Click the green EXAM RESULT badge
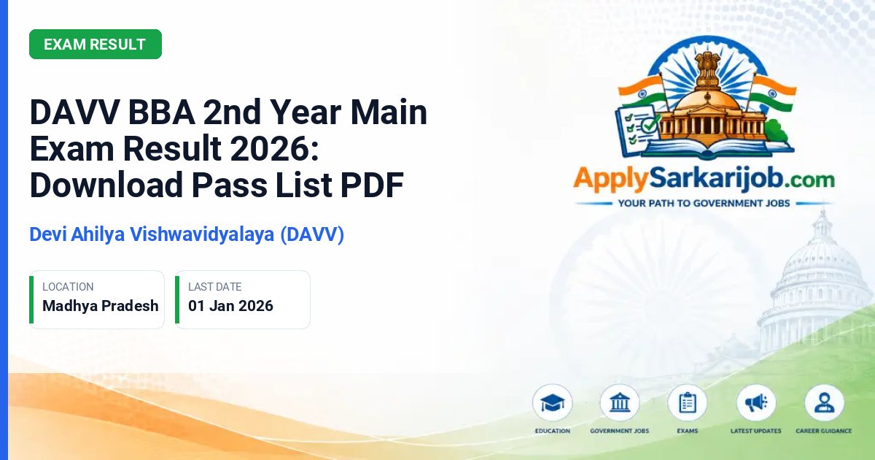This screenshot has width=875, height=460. pyautogui.click(x=96, y=45)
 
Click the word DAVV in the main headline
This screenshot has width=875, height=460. pyautogui.click(x=74, y=112)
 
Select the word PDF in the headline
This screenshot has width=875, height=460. pyautogui.click(x=372, y=185)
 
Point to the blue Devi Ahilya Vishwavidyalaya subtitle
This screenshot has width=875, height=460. pyautogui.click(x=187, y=234)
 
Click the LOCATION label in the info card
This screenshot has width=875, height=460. pyautogui.click(x=68, y=287)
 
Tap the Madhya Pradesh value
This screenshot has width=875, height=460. pyautogui.click(x=101, y=306)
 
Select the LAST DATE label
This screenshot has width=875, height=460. pyautogui.click(x=215, y=287)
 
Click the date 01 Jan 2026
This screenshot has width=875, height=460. pyautogui.click(x=230, y=306)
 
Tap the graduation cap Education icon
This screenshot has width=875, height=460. pyautogui.click(x=553, y=403)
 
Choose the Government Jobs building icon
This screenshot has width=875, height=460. pyautogui.click(x=620, y=403)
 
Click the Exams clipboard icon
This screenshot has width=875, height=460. pyautogui.click(x=688, y=403)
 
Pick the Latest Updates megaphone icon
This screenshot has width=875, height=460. pyautogui.click(x=756, y=403)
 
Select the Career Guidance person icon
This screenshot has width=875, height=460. pyautogui.click(x=824, y=403)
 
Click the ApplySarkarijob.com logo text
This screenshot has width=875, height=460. pyautogui.click(x=704, y=179)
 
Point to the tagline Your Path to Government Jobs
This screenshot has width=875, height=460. pyautogui.click(x=704, y=204)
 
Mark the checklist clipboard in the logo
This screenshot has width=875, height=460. pyautogui.click(x=636, y=130)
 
